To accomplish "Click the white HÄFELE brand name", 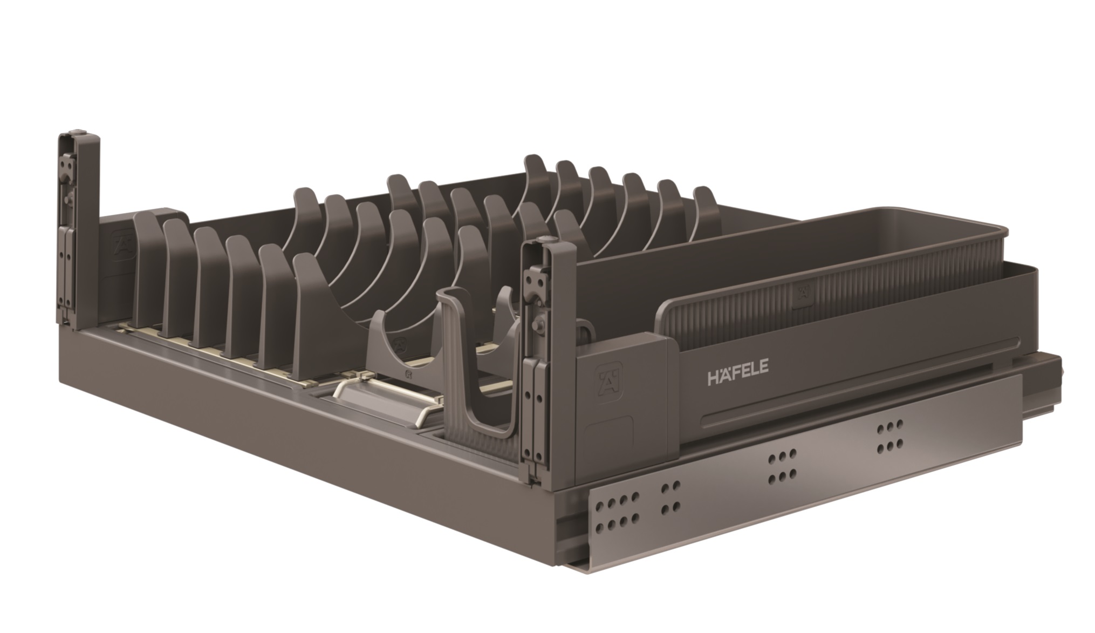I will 738,376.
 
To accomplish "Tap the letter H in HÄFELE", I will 714,378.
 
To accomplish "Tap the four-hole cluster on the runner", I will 670,499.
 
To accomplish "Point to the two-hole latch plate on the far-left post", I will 66,162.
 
